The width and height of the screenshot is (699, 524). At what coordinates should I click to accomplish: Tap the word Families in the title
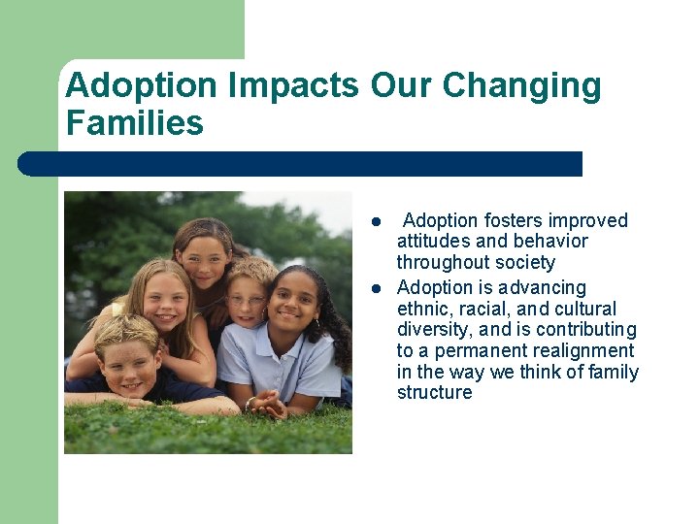pyautogui.click(x=134, y=124)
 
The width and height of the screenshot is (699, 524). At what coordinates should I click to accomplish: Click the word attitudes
pyautogui.click(x=435, y=242)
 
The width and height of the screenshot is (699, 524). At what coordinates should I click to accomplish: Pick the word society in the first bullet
pyautogui.click(x=523, y=263)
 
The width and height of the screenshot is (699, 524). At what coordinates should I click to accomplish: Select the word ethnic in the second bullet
pyautogui.click(x=423, y=309)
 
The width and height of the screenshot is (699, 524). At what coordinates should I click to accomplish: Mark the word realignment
pyautogui.click(x=587, y=351)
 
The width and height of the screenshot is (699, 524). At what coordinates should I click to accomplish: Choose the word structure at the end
pyautogui.click(x=434, y=393)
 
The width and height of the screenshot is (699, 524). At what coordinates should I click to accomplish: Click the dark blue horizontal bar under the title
pyautogui.click(x=301, y=164)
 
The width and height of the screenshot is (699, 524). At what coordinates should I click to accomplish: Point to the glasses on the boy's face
pyautogui.click(x=246, y=301)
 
